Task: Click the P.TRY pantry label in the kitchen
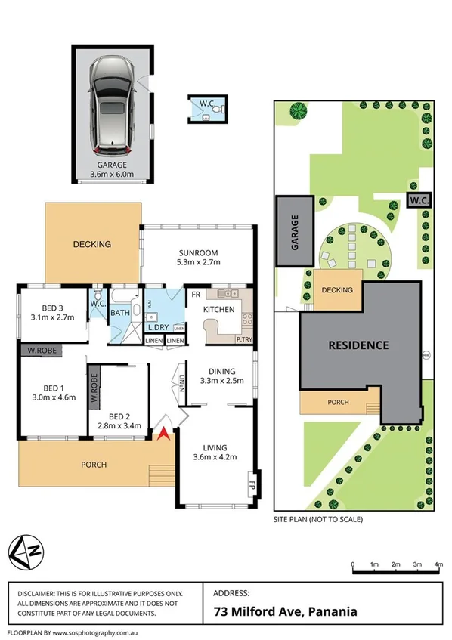244,339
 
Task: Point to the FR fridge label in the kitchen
194,295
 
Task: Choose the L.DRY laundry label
157,327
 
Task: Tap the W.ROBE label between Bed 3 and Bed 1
41,351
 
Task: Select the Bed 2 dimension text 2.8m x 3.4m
119,425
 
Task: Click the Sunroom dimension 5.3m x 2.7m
198,263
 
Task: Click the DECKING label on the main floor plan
92,244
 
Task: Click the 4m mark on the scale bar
438,564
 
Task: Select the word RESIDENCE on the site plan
358,345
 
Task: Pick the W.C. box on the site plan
416,200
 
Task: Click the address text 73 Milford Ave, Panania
285,612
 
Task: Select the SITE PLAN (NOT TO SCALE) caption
317,520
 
